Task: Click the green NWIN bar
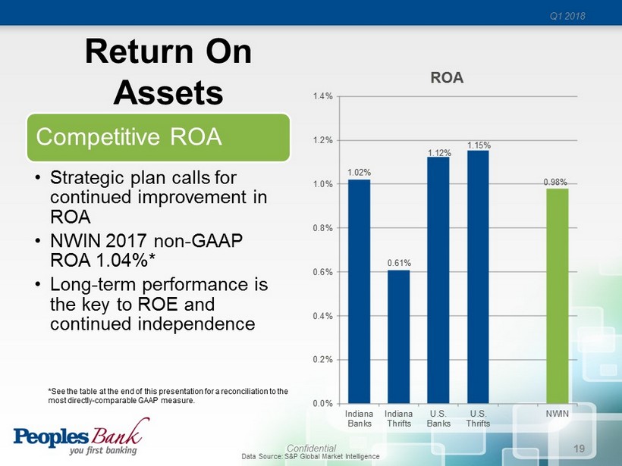(558, 296)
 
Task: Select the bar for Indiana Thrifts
(399, 336)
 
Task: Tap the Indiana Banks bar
(360, 291)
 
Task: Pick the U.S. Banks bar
(438, 280)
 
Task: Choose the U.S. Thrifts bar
(478, 277)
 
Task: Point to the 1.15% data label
(479, 144)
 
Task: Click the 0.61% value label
(399, 263)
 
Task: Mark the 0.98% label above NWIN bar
(558, 182)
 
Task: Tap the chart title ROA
(448, 78)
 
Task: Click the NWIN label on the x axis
(558, 414)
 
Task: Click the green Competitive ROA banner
(159, 137)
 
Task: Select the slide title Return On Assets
(168, 72)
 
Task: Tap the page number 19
(580, 449)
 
